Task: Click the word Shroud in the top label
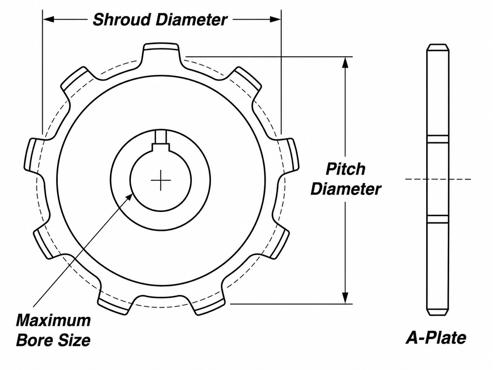coord(122,20)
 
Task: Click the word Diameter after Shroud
coord(191,20)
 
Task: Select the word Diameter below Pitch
coord(346,190)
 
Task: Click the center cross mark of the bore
coord(161,180)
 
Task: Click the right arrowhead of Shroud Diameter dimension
coord(275,19)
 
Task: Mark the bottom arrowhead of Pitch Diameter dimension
coord(345,298)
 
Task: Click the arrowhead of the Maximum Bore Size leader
coord(129,197)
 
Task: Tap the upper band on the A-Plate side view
coord(438,139)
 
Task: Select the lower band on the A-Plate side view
coord(438,219)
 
